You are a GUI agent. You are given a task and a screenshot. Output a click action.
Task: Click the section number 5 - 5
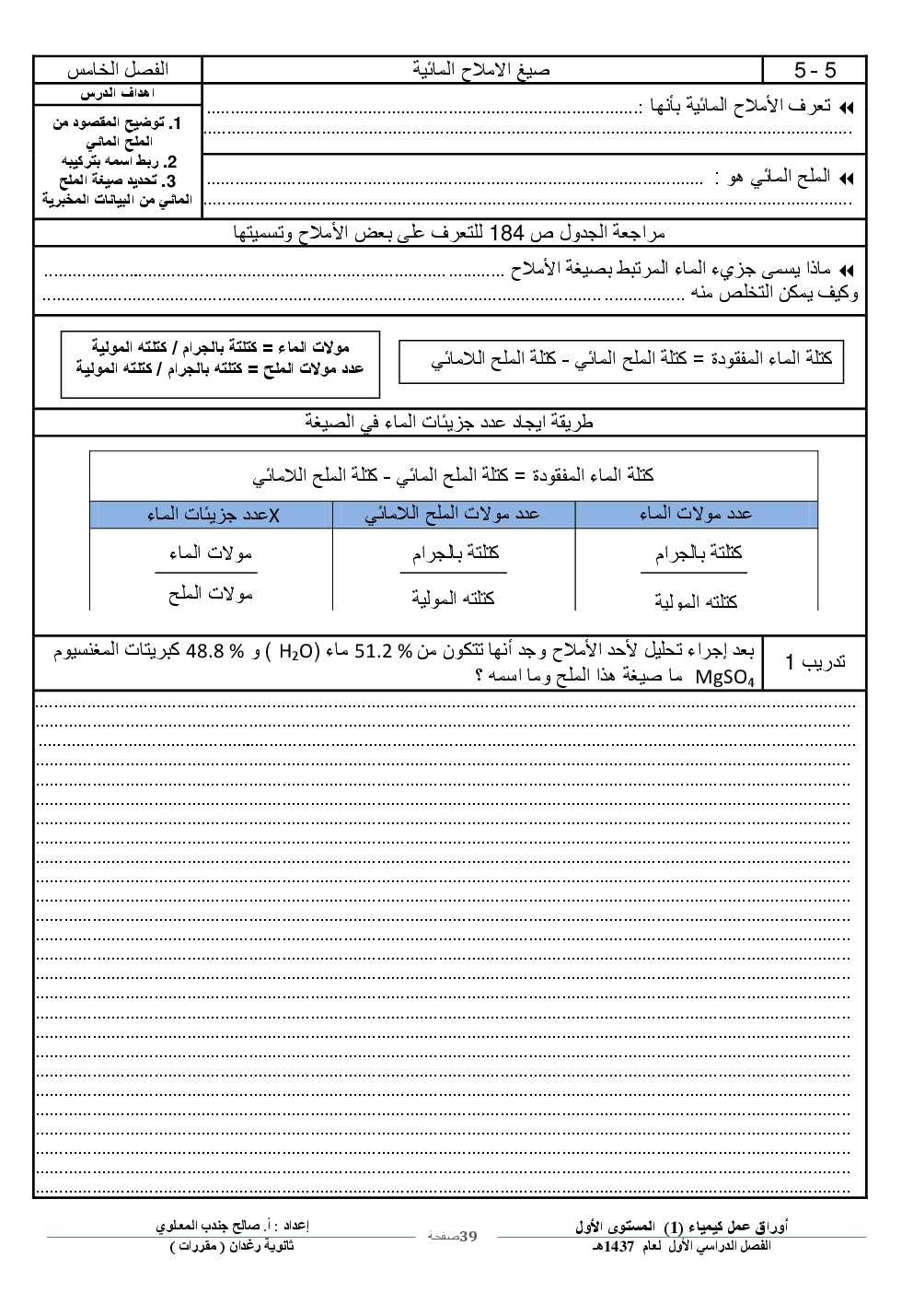[x=815, y=70]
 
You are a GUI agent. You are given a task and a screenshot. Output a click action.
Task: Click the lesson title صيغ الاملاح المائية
[x=481, y=70]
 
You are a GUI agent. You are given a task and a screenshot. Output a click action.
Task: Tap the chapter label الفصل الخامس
[x=117, y=70]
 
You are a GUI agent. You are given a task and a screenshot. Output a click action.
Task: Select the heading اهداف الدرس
[x=117, y=94]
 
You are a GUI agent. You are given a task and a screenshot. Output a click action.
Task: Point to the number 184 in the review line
[x=505, y=233]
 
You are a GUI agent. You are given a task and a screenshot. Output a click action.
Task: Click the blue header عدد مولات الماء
[x=696, y=514]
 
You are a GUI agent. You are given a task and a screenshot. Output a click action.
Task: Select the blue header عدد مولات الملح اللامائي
[x=452, y=514]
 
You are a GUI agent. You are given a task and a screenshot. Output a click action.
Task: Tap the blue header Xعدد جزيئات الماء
[x=213, y=514]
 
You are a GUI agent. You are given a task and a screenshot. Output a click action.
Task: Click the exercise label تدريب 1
[x=815, y=662]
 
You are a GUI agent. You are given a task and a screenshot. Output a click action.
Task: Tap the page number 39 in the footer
[x=468, y=1236]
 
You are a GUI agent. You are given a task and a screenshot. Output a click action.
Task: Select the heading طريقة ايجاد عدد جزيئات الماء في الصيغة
[x=449, y=422]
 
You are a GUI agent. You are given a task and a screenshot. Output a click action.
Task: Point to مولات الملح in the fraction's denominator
[x=210, y=595]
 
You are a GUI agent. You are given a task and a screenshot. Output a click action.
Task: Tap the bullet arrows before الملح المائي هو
[x=846, y=179]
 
